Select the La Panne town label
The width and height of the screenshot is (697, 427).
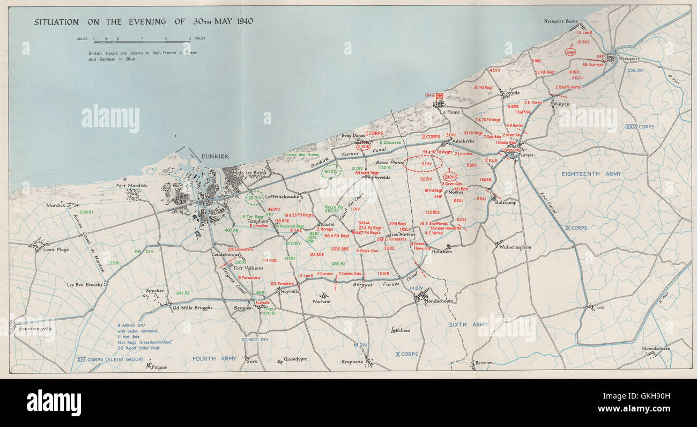(x=450, y=112)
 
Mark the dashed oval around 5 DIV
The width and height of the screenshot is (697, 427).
(x=424, y=164)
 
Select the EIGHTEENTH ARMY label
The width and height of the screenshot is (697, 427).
(x=591, y=174)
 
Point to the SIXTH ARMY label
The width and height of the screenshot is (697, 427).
(x=469, y=325)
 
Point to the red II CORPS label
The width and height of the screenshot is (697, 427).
(x=431, y=137)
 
